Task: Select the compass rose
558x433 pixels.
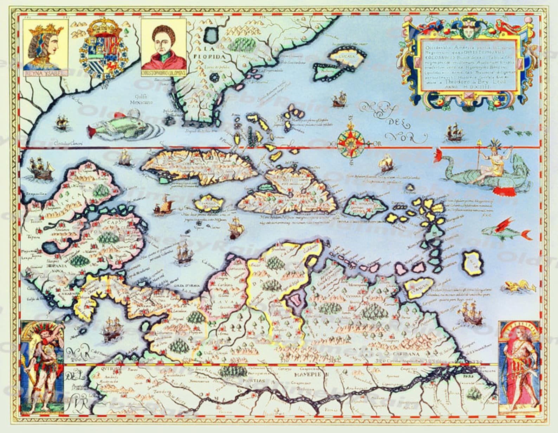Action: click(x=349, y=143)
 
